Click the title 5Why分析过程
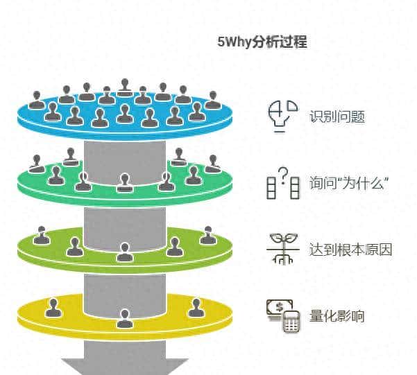click(262, 42)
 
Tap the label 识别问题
click(337, 116)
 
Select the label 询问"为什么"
click(348, 184)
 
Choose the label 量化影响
click(337, 317)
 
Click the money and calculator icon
click(282, 316)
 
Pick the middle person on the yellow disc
click(124, 318)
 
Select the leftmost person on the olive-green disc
click(42, 236)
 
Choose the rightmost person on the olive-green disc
click(207, 236)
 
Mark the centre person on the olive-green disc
click(124, 252)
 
